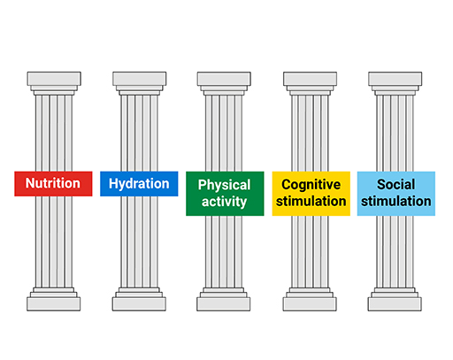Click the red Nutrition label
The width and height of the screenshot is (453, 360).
click(x=53, y=184)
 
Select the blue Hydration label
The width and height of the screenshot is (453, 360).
click(x=139, y=184)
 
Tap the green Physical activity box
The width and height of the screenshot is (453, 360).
click(x=224, y=193)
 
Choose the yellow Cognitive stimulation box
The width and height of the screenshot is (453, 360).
click(x=311, y=193)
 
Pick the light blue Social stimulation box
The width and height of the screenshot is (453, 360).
click(x=396, y=193)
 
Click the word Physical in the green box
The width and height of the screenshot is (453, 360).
click(x=224, y=185)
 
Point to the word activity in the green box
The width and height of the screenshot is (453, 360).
click(x=224, y=202)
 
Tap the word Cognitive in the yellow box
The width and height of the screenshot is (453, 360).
click(x=311, y=185)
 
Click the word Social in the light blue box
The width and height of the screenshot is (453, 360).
click(x=396, y=185)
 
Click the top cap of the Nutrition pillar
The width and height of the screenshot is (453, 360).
click(x=53, y=80)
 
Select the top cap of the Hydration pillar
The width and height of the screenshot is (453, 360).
click(x=139, y=80)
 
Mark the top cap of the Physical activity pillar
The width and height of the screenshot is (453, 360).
click(x=224, y=80)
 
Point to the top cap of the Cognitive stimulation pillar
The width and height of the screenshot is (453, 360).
click(x=311, y=80)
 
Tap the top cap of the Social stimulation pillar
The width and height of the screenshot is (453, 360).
click(x=396, y=80)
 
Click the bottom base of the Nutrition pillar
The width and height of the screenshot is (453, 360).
click(x=53, y=303)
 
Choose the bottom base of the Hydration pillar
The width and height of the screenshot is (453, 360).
click(x=139, y=303)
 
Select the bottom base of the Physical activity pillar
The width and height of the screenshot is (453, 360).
click(x=224, y=303)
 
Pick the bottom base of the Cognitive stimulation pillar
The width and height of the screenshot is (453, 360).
click(x=311, y=303)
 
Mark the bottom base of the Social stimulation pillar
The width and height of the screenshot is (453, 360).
click(x=396, y=303)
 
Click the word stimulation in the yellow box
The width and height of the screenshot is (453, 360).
click(x=311, y=202)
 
